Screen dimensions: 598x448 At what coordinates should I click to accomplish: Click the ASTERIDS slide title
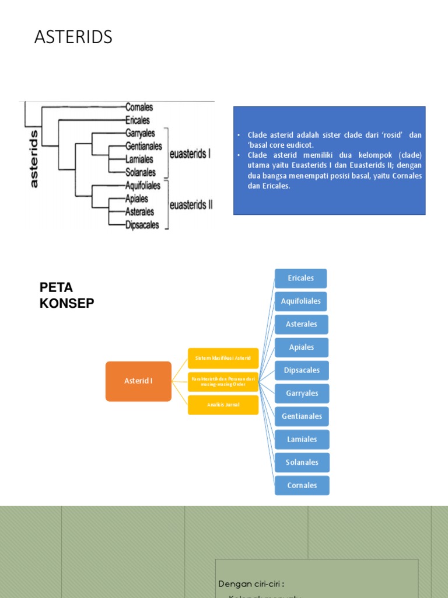point(73,37)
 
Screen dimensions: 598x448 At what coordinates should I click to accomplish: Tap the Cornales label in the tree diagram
point(139,107)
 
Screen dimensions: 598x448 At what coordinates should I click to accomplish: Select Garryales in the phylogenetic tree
point(140,133)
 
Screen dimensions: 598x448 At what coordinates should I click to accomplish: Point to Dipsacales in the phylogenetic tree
point(142,225)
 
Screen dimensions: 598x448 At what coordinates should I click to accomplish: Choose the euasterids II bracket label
point(191,205)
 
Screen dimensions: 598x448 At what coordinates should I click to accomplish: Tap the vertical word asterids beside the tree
point(33,158)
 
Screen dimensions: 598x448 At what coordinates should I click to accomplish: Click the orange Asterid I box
point(138,381)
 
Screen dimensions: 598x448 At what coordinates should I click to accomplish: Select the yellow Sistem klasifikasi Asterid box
point(223,358)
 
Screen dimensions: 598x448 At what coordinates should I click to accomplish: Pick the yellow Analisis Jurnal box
point(223,405)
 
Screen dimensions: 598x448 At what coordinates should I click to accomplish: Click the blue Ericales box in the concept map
point(301,278)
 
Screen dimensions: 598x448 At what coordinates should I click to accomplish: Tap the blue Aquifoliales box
point(301,301)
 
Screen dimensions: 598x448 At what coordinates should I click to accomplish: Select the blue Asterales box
point(302,324)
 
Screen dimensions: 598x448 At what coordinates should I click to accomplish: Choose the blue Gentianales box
point(302,416)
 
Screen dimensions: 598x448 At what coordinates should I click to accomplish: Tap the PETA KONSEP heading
point(66,295)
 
